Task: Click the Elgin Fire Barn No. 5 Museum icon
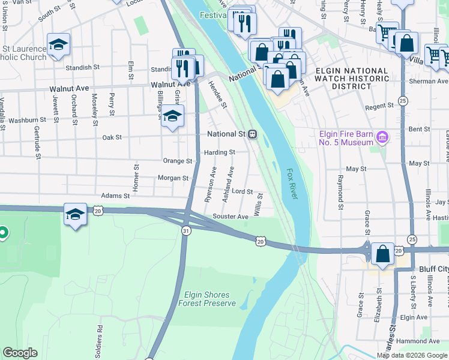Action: [381, 139]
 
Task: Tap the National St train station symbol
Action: [253, 134]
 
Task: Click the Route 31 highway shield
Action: [186, 231]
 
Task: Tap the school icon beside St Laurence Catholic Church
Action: [59, 45]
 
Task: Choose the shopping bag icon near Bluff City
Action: [383, 254]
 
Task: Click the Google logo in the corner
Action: [20, 353]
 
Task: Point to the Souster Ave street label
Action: [231, 217]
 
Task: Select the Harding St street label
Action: [219, 152]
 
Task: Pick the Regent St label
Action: [379, 106]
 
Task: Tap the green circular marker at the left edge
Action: [2, 232]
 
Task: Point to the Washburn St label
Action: [23, 120]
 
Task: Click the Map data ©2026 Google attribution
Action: [412, 355]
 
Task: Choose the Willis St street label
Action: [259, 204]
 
